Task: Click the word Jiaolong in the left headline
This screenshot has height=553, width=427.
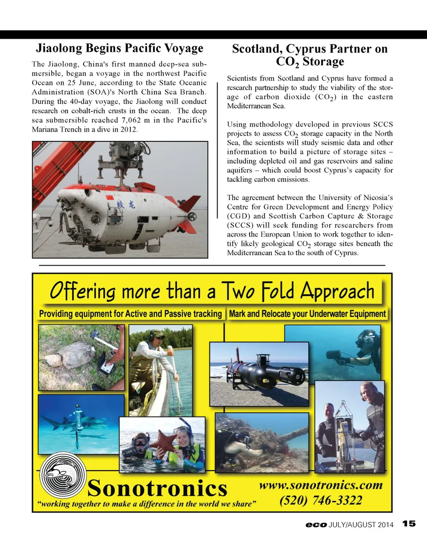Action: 59,48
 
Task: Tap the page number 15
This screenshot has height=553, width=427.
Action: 409,524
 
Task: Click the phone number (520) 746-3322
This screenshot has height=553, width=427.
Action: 321,501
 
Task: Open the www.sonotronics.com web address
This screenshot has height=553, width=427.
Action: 321,485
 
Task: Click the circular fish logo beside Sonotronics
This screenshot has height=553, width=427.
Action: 63,476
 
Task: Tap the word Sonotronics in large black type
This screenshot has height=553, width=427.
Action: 157,488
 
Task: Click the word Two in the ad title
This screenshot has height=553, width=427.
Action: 238,291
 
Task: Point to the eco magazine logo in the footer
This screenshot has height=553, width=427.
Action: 316,525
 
